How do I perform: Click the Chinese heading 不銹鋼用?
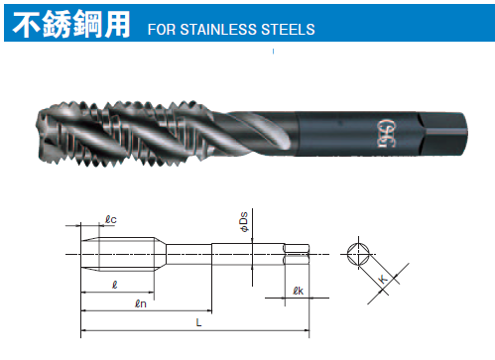click(x=71, y=24)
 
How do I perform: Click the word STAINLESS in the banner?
click(x=218, y=30)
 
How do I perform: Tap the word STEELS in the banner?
click(x=288, y=30)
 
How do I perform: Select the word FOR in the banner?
click(x=162, y=30)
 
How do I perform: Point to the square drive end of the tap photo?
click(x=442, y=134)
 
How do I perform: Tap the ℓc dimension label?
click(x=111, y=219)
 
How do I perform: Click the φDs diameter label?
click(x=244, y=222)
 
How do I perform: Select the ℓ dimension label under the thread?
click(x=114, y=285)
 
